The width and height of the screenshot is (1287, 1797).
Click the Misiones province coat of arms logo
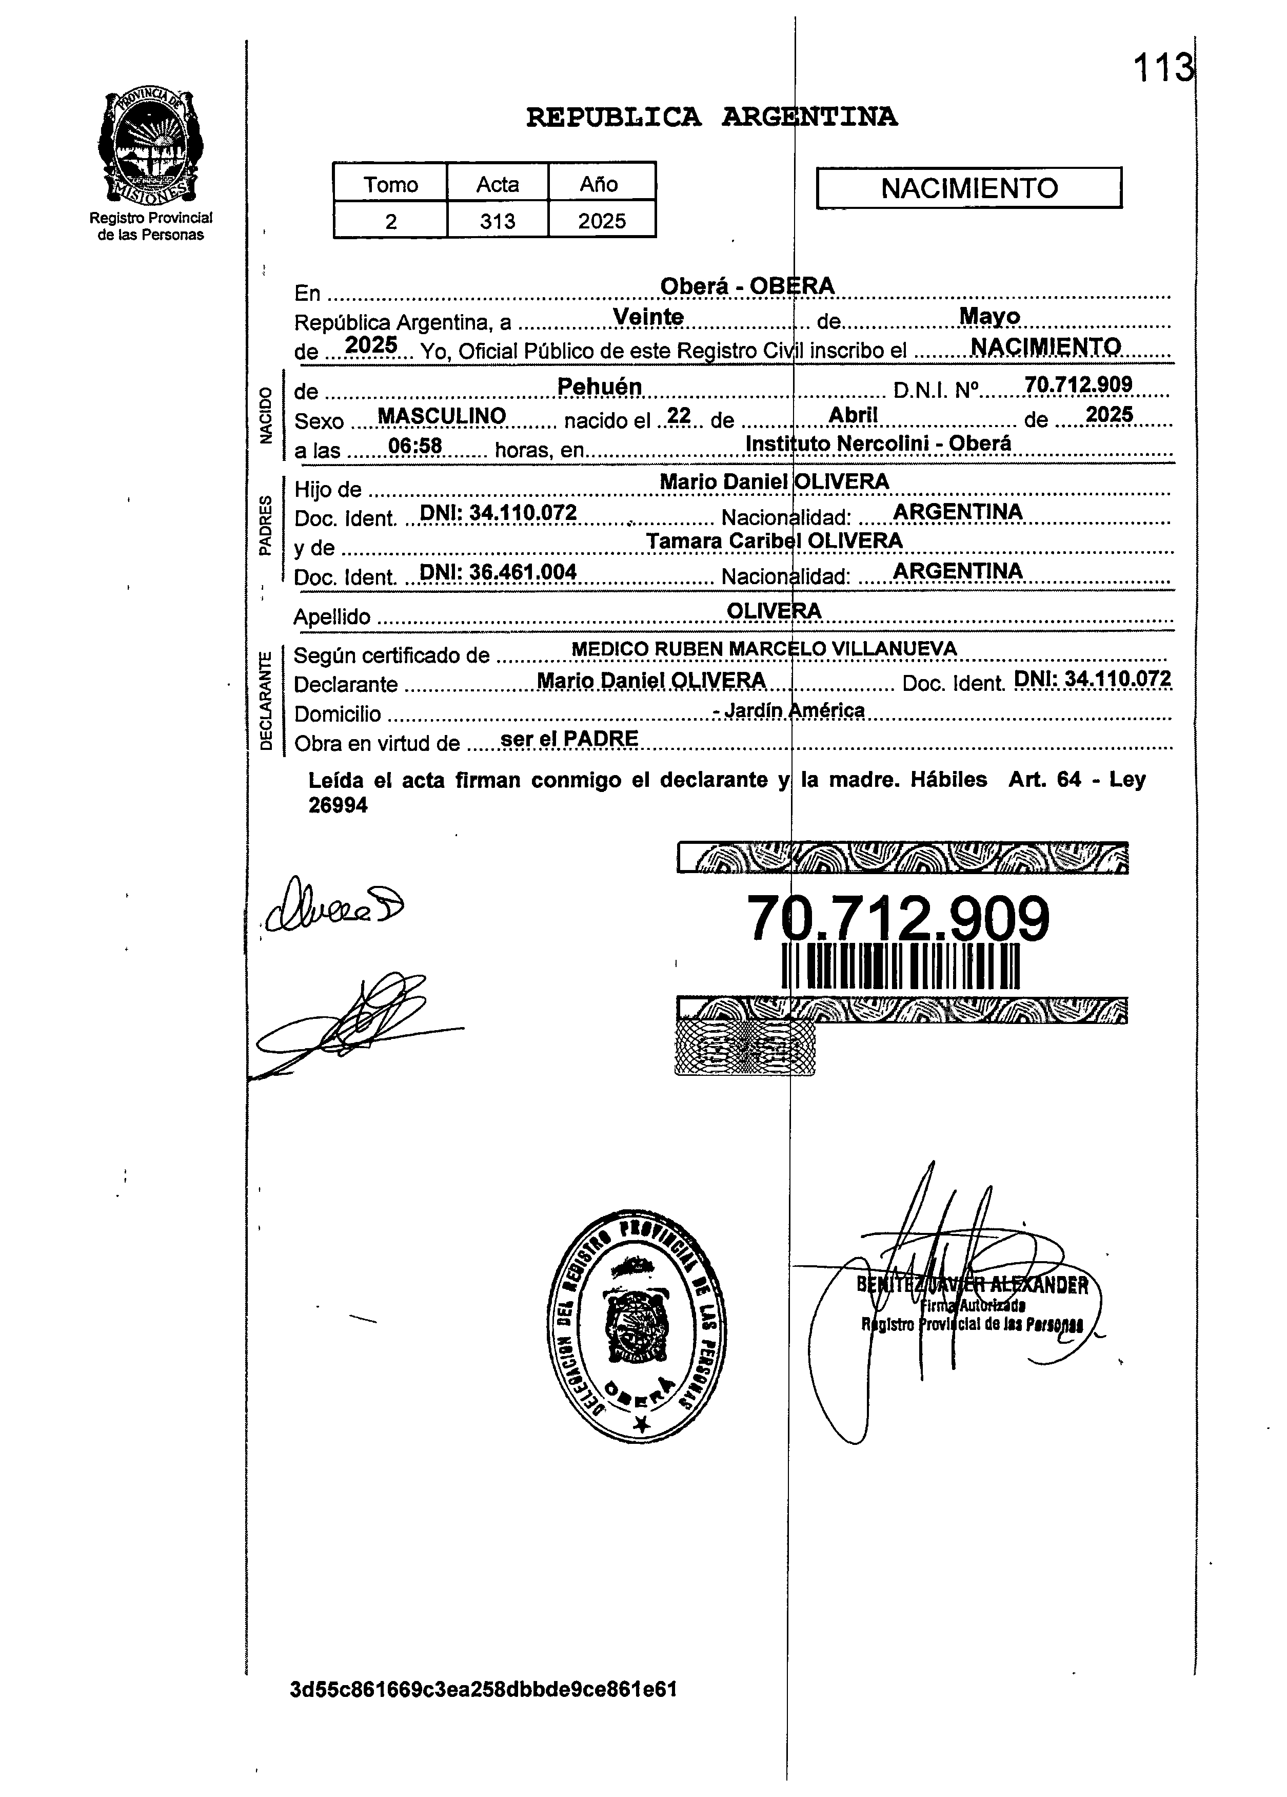click(150, 147)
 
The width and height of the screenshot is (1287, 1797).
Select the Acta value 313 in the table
click(498, 221)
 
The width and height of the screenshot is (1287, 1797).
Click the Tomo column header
click(390, 184)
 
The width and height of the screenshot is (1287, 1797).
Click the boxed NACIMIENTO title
click(968, 188)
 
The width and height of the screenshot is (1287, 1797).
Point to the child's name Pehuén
click(600, 386)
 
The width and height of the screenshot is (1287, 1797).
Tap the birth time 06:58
click(415, 446)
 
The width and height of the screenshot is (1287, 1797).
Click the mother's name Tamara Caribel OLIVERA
click(774, 541)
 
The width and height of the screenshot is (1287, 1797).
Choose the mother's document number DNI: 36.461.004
click(498, 572)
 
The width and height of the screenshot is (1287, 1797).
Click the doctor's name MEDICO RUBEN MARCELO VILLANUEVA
click(763, 649)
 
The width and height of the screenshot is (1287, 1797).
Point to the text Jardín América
click(792, 710)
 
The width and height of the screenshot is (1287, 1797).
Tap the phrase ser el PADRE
click(569, 739)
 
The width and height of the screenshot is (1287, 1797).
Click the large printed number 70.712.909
click(898, 919)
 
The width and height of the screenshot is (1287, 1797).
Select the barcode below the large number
click(901, 968)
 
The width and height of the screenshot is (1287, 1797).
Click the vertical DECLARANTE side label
click(266, 700)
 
